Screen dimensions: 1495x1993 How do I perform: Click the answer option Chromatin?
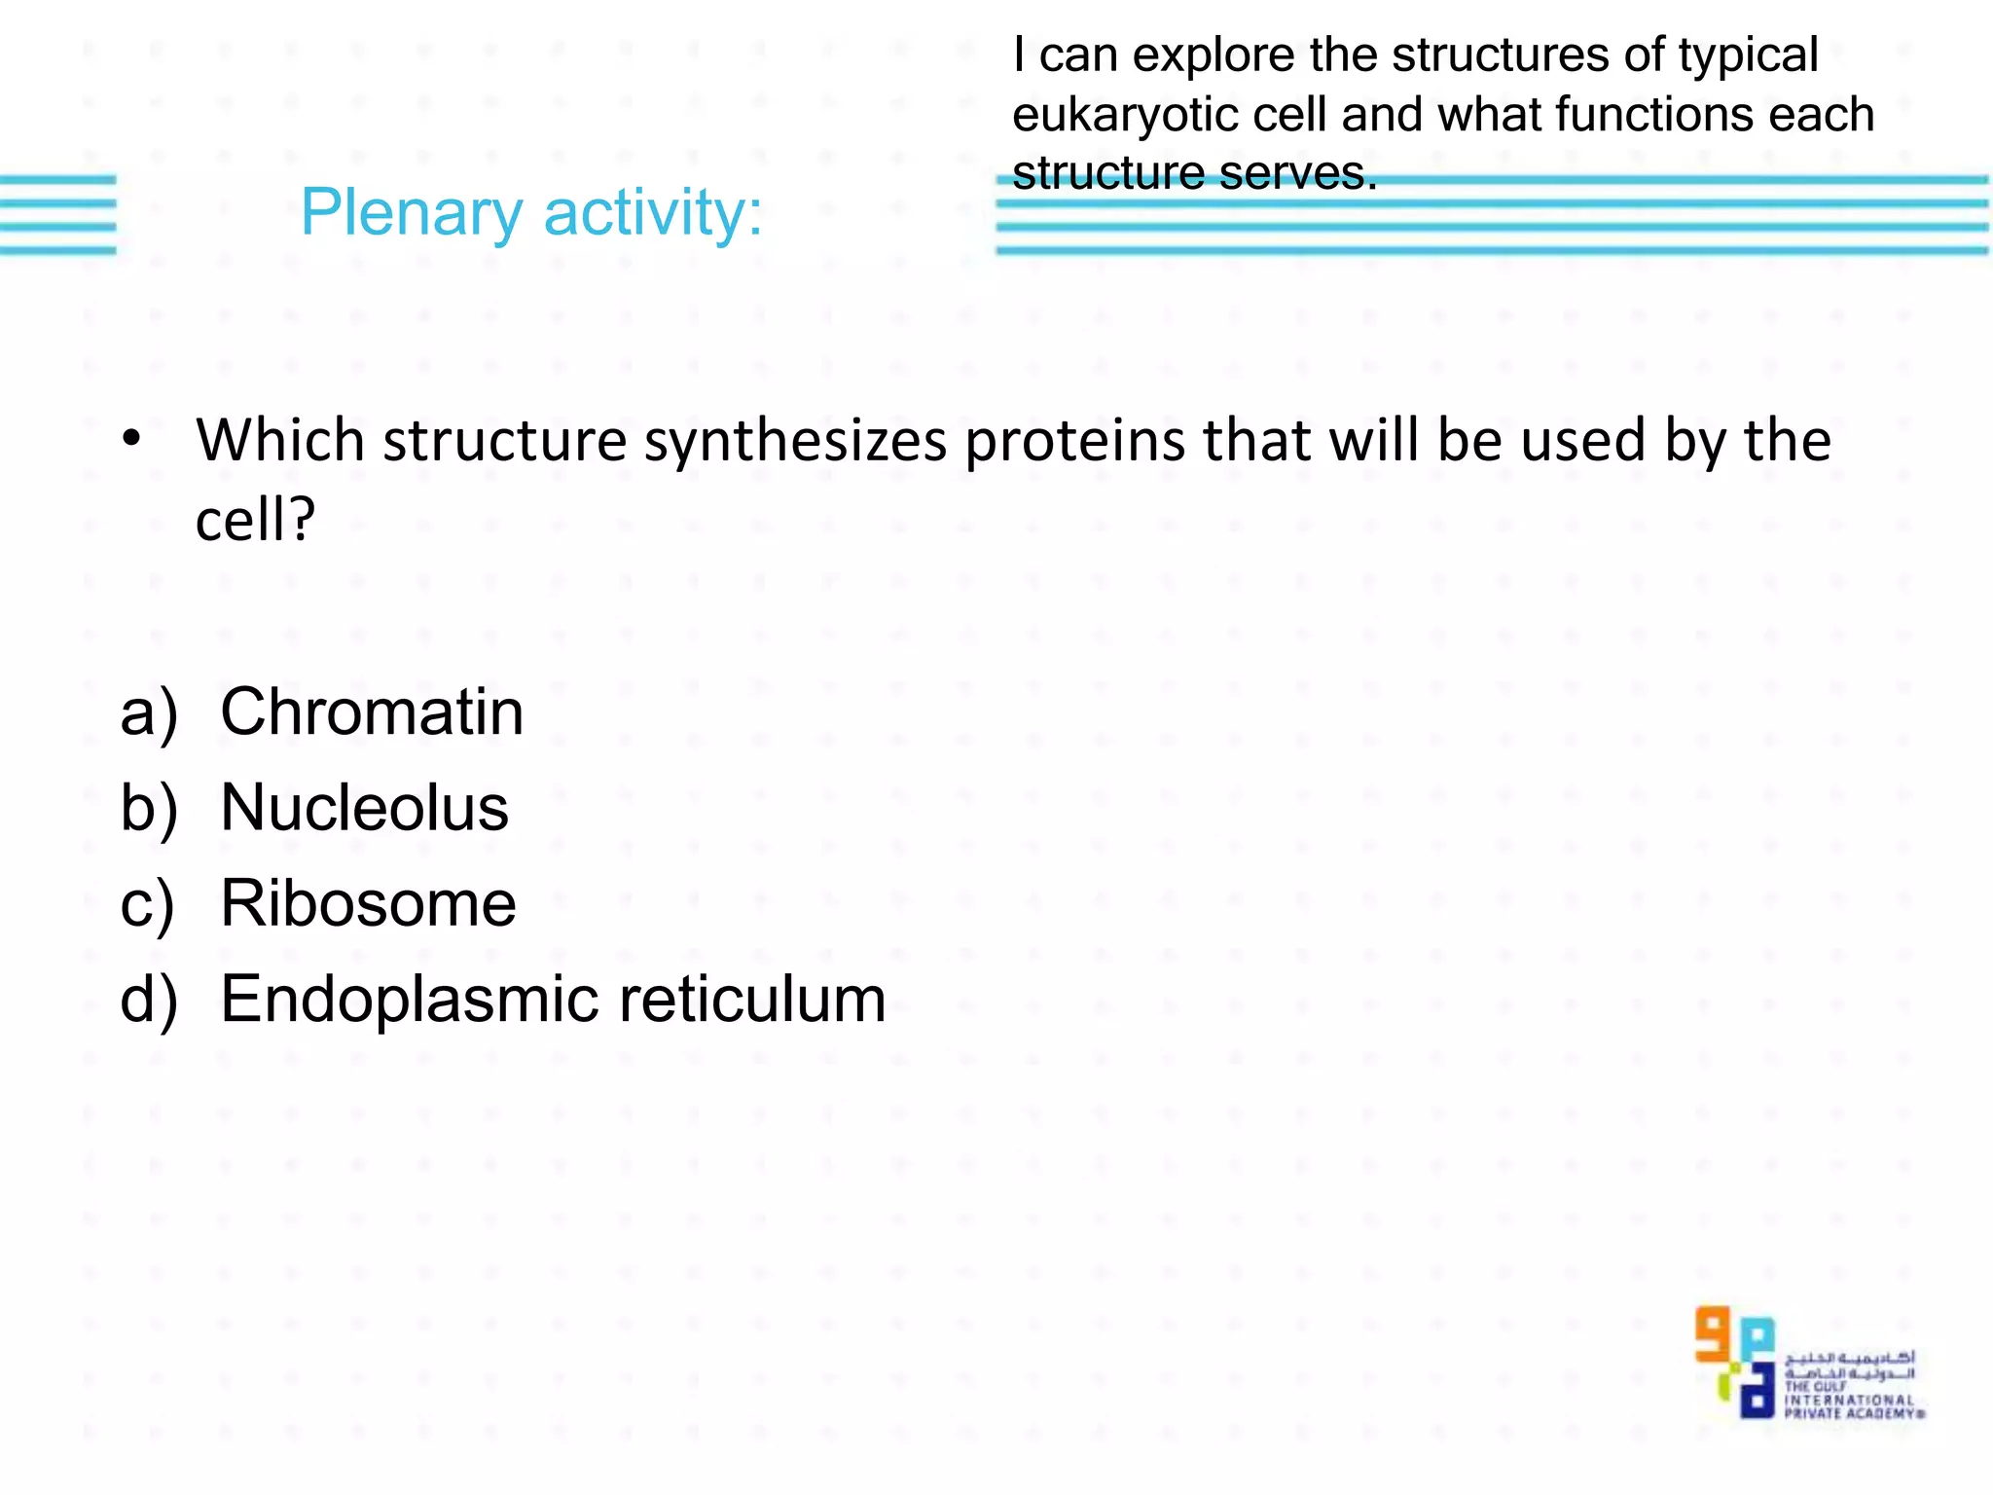(372, 711)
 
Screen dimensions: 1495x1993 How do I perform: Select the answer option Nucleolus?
(364, 807)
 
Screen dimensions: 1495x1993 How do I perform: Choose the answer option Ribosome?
(368, 903)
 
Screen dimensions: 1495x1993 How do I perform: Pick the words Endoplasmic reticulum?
(553, 999)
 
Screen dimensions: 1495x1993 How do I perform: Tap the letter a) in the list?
(149, 713)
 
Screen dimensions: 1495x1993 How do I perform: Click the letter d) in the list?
(149, 1001)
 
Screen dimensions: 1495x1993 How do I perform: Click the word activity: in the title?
(653, 213)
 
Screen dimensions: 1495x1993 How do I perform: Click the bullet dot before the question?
(131, 440)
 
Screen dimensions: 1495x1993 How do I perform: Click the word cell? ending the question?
(255, 520)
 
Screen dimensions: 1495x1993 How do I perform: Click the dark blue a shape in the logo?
(1757, 1394)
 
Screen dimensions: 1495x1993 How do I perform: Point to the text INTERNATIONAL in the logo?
(1848, 1401)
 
